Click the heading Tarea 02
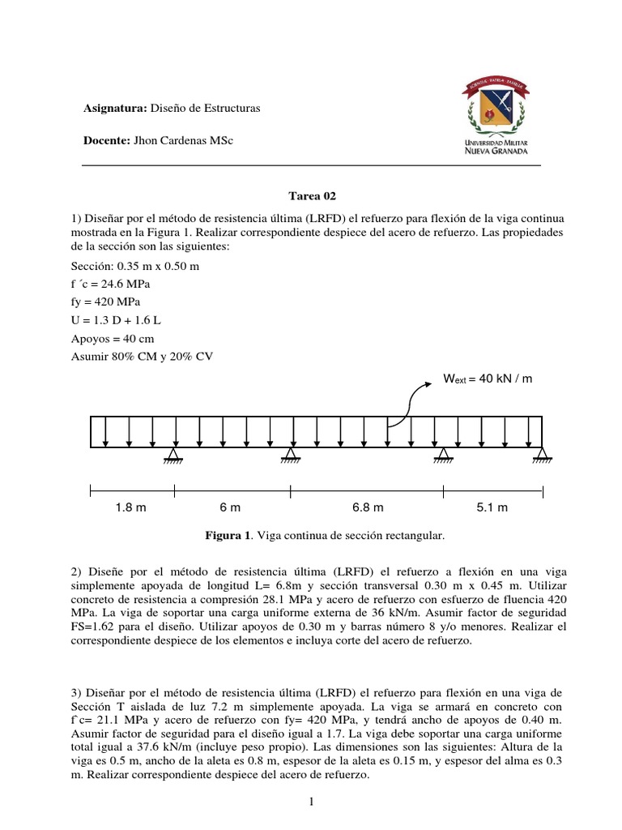pyautogui.click(x=312, y=196)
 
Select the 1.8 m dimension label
pyautogui.click(x=130, y=507)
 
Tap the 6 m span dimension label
pyautogui.click(x=230, y=507)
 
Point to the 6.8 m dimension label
pyautogui.click(x=368, y=507)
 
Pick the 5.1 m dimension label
pyautogui.click(x=492, y=507)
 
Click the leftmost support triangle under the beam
pyautogui.click(x=173, y=456)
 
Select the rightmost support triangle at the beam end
pyautogui.click(x=542, y=456)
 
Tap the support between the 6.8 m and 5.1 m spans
pyautogui.click(x=443, y=456)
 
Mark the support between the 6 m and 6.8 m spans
pyautogui.click(x=291, y=456)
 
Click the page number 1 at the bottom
pyautogui.click(x=311, y=802)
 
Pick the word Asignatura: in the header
pyautogui.click(x=114, y=108)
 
